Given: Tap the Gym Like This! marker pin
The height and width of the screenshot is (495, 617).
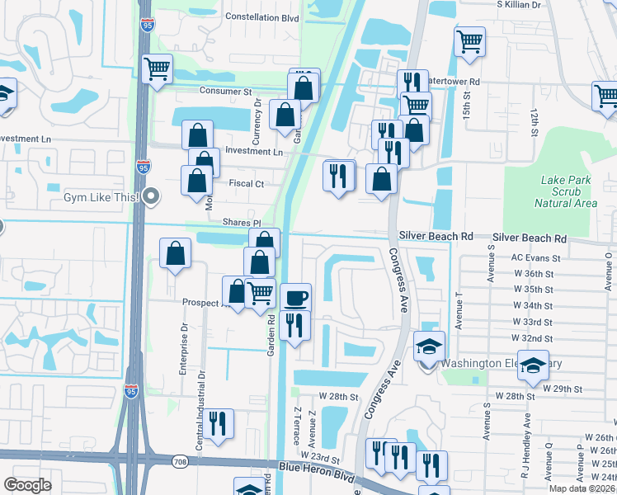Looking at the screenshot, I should (151, 196).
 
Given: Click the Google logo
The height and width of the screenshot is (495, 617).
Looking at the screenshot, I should (28, 485).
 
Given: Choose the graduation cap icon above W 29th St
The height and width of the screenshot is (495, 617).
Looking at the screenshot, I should (534, 364).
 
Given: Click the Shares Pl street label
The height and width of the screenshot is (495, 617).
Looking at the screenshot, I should (241, 223).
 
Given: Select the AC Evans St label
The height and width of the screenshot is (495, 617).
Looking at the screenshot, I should (535, 257).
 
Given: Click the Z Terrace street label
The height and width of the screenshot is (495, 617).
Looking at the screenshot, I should (296, 425).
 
